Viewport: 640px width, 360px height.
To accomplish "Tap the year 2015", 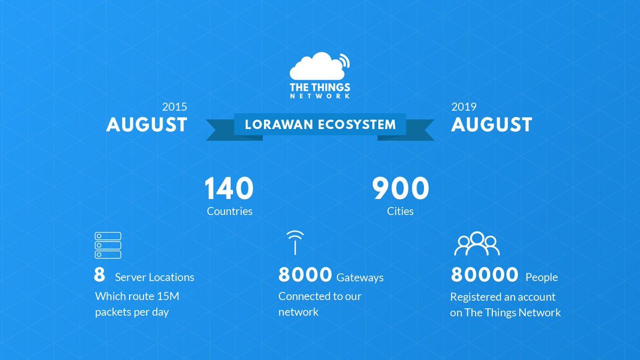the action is point(174,107).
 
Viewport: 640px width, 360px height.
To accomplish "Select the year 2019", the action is point(463,107).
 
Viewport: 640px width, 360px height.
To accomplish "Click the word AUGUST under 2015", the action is point(147,125).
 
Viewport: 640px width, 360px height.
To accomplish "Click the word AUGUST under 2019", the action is point(491,125).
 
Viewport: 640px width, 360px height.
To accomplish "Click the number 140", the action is point(229,188).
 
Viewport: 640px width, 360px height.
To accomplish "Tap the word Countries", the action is point(229,211).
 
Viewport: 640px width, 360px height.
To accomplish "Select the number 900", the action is point(401,188).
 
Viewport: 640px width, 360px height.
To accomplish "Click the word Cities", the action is point(400,211).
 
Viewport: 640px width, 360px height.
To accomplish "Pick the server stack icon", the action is point(108,245).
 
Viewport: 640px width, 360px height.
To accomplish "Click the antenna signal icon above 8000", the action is point(295,243).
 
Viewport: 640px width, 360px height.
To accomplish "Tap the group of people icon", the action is point(477,243).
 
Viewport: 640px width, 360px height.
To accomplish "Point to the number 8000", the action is point(305,275).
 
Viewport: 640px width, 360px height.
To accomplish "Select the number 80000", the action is point(485,275).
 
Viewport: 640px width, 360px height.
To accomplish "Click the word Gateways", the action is point(360,278).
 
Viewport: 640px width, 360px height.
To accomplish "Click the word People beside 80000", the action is point(542,277).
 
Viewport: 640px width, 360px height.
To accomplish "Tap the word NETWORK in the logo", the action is point(320,95).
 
